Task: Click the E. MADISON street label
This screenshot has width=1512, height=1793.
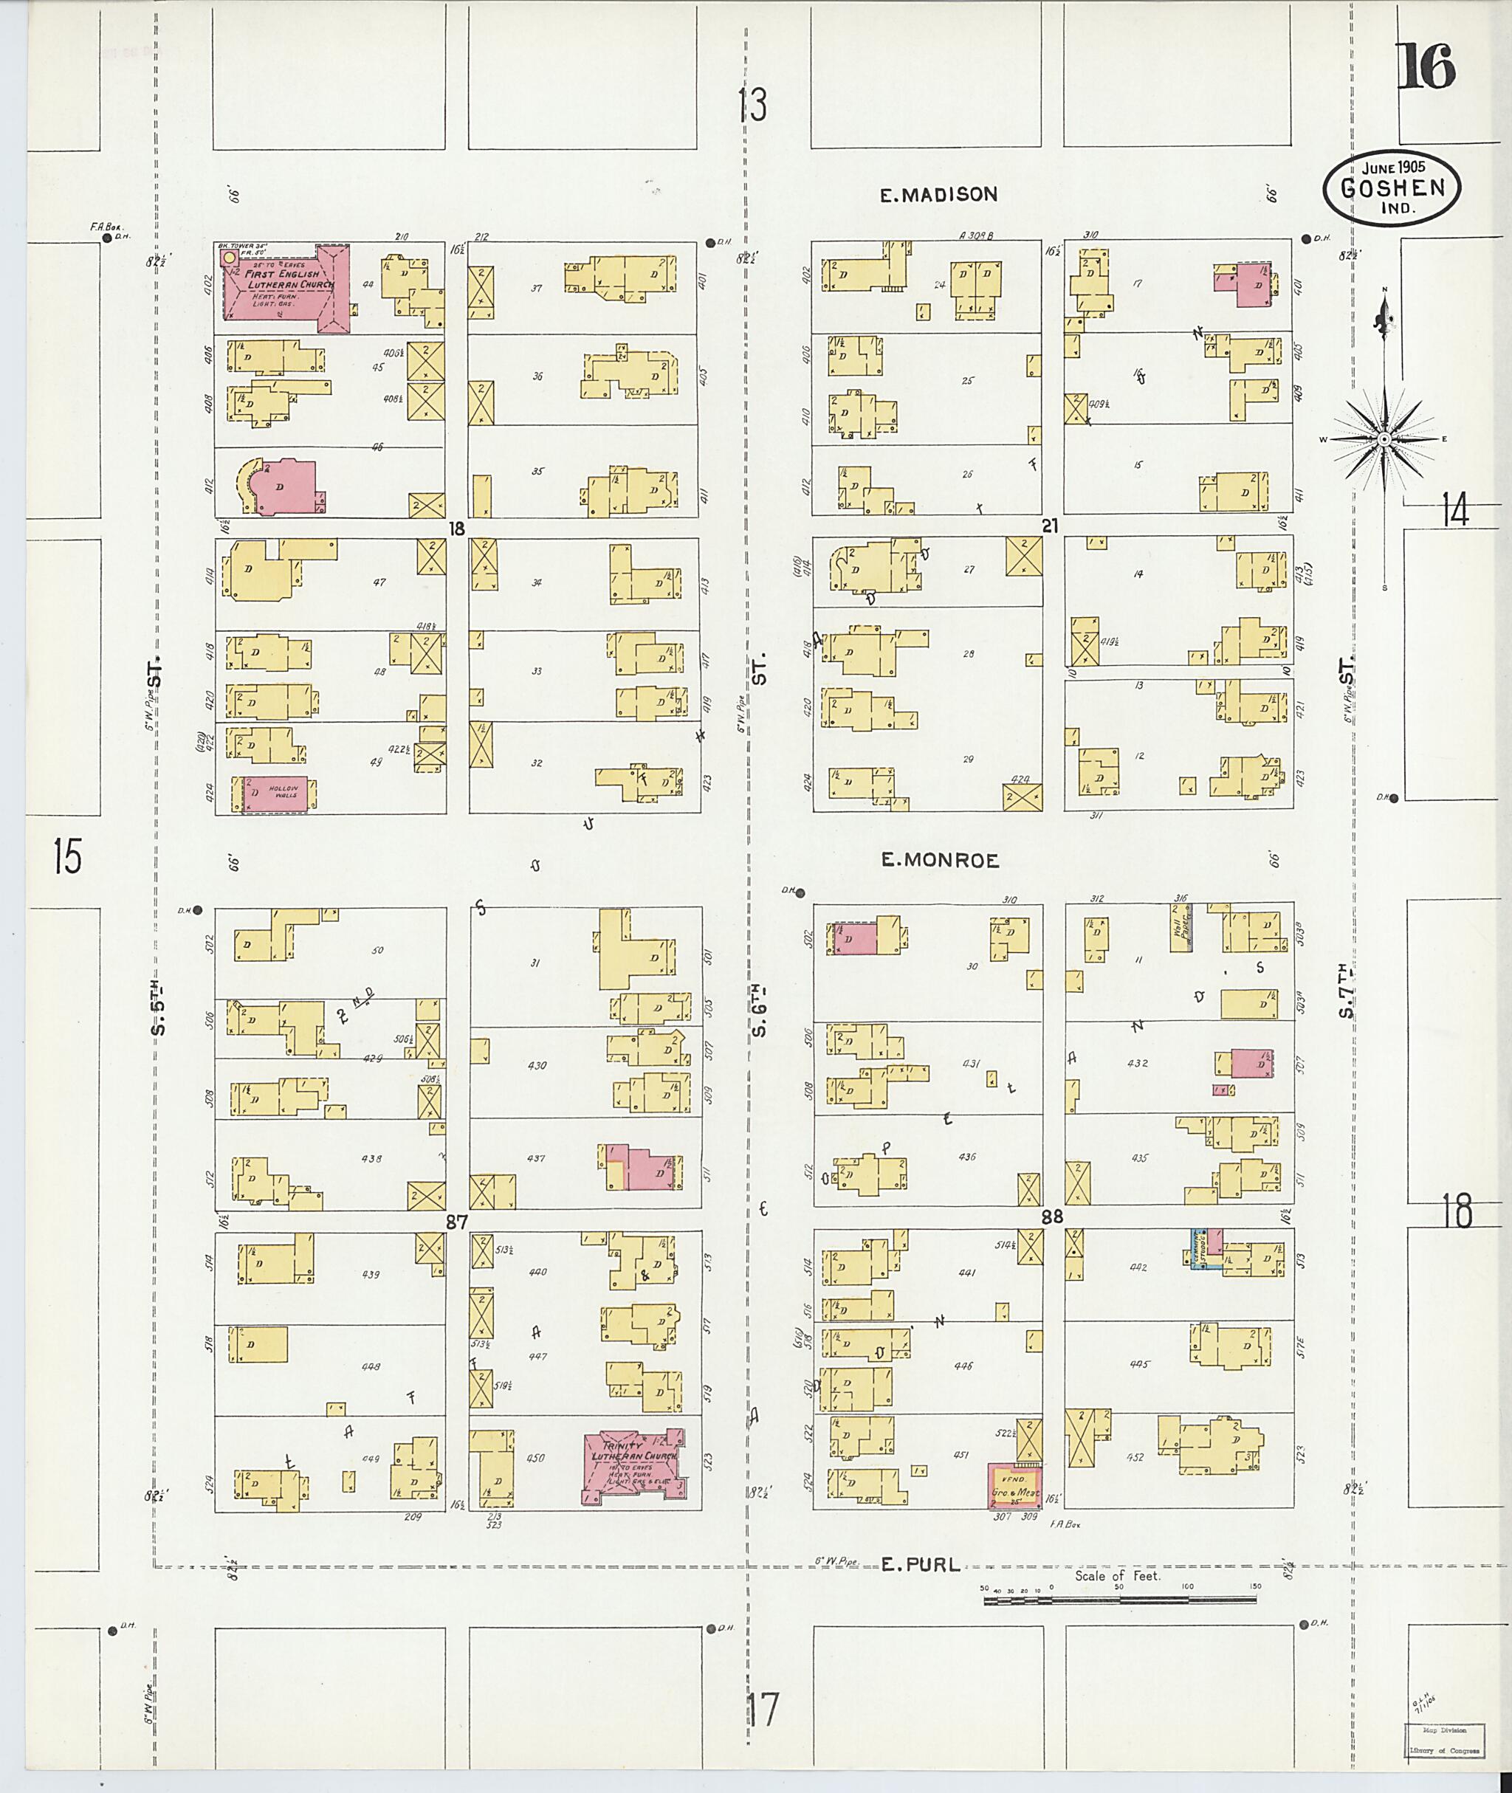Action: [938, 196]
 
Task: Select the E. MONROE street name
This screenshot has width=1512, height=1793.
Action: [941, 861]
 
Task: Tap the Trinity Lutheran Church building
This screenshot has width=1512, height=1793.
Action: [634, 1465]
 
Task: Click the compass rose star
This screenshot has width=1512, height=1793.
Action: [1384, 440]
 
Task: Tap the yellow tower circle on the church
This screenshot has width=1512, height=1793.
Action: [228, 257]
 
